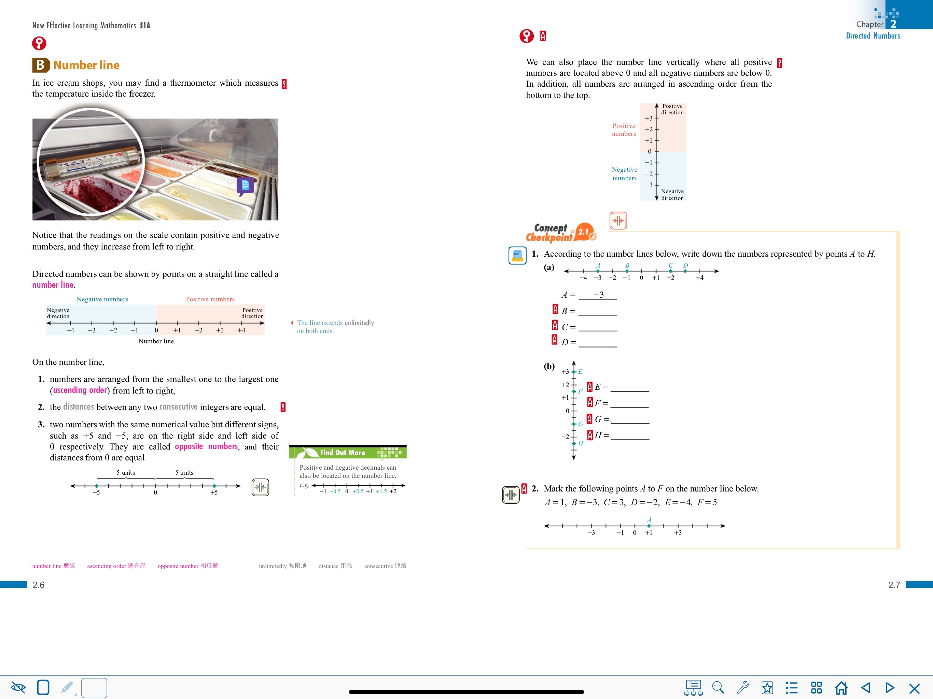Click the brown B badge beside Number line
(x=41, y=65)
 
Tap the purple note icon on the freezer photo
(x=245, y=186)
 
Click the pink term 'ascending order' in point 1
(x=80, y=390)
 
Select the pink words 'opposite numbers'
(x=206, y=446)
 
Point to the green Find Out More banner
(x=348, y=452)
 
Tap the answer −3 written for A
(x=599, y=295)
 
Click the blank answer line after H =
(x=630, y=439)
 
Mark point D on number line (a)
(x=685, y=271)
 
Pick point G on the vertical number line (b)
(x=574, y=424)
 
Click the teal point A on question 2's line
(x=649, y=526)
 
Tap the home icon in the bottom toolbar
(x=841, y=688)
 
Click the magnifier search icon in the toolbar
(x=718, y=688)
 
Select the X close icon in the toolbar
(x=915, y=688)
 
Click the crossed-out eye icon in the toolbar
(x=18, y=688)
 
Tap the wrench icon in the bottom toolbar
(x=743, y=688)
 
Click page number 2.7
(x=894, y=585)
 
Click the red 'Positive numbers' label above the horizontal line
(x=210, y=299)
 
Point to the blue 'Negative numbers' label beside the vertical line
(x=625, y=174)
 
